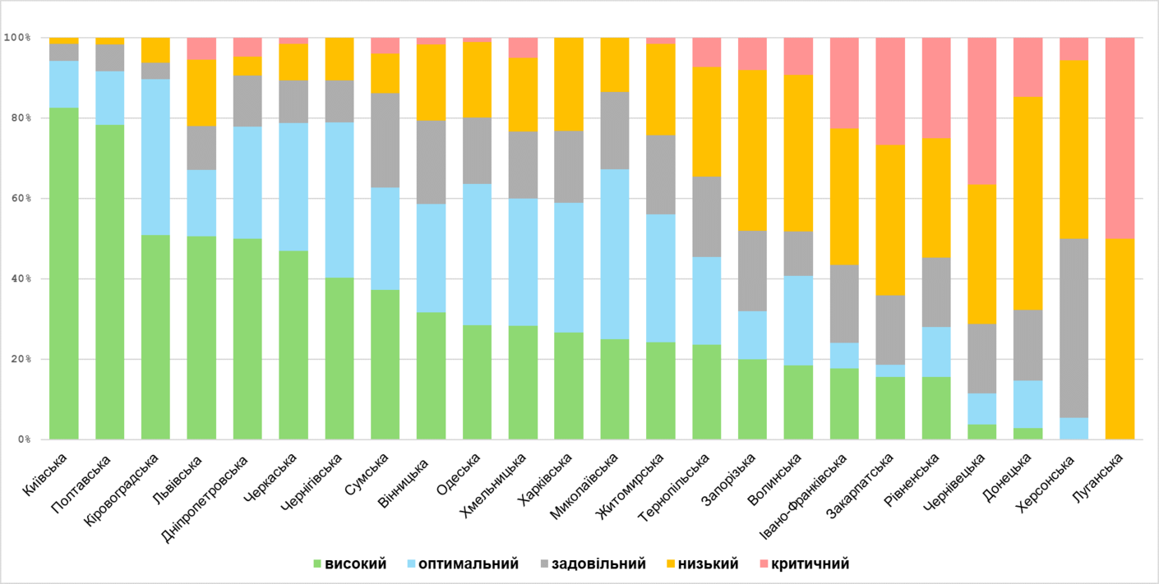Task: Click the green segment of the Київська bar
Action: pos(64,274)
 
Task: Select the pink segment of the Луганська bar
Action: pos(1120,138)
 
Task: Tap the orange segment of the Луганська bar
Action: pos(1120,338)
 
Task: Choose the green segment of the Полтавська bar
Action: pos(110,282)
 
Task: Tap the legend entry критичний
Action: pos(810,564)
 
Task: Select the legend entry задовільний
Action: pos(598,564)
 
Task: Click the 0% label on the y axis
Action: pos(20,440)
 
